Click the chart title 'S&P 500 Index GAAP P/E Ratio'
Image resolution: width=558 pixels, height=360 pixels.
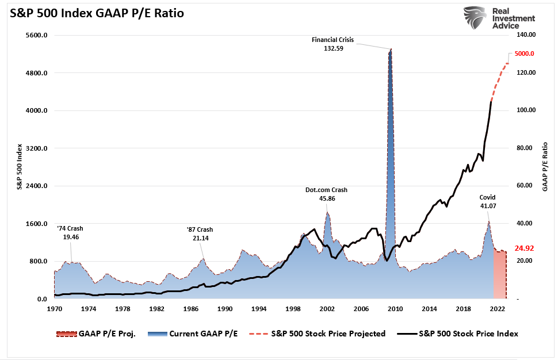point(96,13)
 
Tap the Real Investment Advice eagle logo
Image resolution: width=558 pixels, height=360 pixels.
point(476,18)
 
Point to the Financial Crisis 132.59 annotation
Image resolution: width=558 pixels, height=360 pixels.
point(332,44)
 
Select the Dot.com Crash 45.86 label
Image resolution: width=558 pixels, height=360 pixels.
point(326,194)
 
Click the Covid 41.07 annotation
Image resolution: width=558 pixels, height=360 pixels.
point(487,201)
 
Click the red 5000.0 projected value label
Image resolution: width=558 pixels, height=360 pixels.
point(525,54)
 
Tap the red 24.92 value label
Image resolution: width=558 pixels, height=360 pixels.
point(523,249)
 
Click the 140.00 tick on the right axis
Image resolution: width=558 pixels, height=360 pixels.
point(528,36)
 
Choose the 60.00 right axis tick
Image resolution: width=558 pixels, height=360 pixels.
point(528,186)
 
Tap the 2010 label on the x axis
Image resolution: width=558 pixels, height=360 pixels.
point(394,309)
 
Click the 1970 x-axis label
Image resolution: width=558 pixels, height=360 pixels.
point(54,309)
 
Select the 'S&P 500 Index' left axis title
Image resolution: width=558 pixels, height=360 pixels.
point(19,167)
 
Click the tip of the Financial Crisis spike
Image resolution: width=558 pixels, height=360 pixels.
point(391,49)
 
